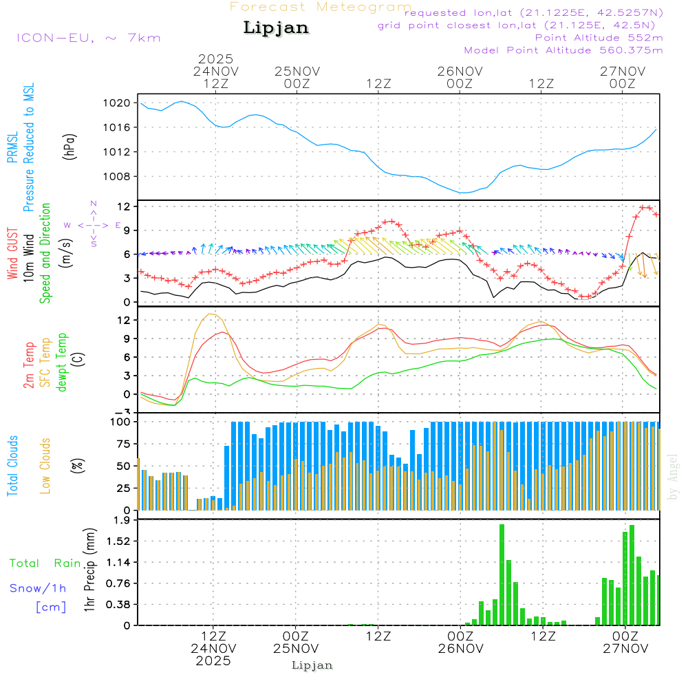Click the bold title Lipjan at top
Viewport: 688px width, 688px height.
pyautogui.click(x=276, y=28)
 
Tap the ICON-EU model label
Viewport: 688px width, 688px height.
pyautogui.click(x=88, y=38)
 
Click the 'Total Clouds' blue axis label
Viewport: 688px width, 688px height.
pyautogui.click(x=12, y=466)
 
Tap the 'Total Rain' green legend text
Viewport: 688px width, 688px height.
pyautogui.click(x=45, y=563)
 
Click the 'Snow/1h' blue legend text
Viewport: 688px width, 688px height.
pyautogui.click(x=38, y=588)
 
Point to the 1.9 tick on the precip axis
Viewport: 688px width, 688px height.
pyautogui.click(x=123, y=520)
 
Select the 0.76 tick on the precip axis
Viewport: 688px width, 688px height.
pyautogui.click(x=120, y=583)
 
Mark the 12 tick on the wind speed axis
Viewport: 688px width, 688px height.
pyautogui.click(x=125, y=206)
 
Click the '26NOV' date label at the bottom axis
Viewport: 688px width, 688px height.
pyautogui.click(x=459, y=648)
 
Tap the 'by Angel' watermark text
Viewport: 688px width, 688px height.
pyautogui.click(x=674, y=477)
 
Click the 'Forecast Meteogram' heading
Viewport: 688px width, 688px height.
pyautogui.click(x=321, y=7)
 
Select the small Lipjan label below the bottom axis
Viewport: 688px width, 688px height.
pyautogui.click(x=312, y=665)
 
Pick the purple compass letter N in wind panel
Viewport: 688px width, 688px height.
pyautogui.click(x=94, y=204)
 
